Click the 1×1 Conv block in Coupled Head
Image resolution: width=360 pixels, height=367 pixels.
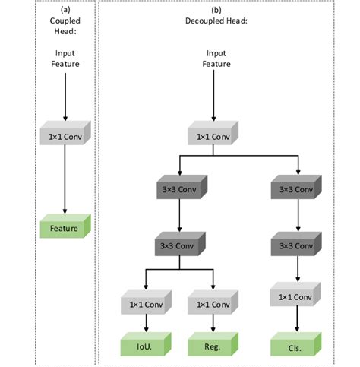65,138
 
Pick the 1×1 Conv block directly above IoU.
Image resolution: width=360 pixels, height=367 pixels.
144,305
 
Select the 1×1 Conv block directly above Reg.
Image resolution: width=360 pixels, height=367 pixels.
212,305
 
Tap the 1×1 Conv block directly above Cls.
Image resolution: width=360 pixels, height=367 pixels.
294,296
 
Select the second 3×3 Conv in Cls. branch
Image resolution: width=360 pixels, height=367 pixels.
294,246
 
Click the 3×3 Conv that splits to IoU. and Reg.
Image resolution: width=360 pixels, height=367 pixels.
178,246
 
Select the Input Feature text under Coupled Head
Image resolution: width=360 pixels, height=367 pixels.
66,59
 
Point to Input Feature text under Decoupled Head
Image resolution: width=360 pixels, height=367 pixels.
216,59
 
